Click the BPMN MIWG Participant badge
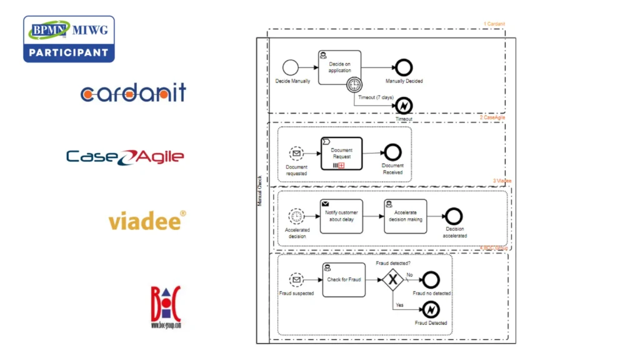tap(69, 39)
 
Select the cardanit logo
tap(133, 93)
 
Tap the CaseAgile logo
tap(125, 156)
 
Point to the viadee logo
tap(147, 221)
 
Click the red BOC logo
tap(166, 306)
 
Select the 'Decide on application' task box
tap(339, 67)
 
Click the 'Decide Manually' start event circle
tap(290, 67)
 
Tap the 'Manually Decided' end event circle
tap(404, 67)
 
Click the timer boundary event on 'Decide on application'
tap(354, 84)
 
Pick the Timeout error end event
tap(404, 105)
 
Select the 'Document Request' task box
tap(341, 153)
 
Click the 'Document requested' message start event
tap(296, 153)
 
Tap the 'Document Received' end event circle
tap(392, 152)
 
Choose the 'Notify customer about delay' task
tap(341, 216)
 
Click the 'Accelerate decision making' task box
tap(405, 216)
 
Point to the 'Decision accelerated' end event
tap(454, 216)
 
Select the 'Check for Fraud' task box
tap(344, 280)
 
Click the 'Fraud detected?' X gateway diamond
tap(392, 280)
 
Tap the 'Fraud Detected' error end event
tap(431, 309)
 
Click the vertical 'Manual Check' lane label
tap(261, 191)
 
